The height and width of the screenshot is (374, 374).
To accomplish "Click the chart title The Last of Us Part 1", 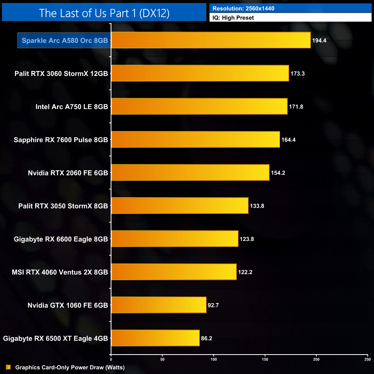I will coord(104,13).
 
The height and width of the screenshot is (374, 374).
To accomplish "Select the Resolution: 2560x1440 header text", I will coord(243,8).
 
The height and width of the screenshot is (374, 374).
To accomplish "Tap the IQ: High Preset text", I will coord(233,18).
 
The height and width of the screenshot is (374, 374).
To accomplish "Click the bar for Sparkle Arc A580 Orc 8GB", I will coord(211,40).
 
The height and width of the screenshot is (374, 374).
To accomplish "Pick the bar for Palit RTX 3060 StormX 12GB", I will coord(200,73).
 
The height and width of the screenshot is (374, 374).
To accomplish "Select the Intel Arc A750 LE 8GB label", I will coord(72,107).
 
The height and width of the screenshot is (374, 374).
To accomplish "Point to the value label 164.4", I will coord(288,140).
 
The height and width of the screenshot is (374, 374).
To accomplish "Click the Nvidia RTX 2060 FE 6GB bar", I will coord(190,172).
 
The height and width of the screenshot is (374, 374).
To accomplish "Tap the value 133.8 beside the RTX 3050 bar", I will coord(257,206).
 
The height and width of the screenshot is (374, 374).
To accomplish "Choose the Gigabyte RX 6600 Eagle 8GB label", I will coord(61,239).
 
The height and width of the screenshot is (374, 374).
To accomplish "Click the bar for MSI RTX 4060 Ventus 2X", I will coord(174,272).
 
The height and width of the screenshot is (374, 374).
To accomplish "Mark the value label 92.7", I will coord(213,305).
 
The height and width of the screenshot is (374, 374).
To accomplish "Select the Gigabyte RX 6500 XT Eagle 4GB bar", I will coord(155,338).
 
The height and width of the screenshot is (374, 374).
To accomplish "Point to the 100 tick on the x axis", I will coord(214,359).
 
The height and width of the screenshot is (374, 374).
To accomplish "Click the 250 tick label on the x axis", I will coord(367,359).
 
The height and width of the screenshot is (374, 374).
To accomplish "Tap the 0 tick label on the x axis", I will coord(111,359).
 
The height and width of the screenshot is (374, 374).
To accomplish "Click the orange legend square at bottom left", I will coord(8,367).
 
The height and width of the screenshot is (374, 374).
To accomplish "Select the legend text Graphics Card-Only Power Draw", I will coord(70,367).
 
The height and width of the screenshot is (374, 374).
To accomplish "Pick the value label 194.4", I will coord(319,41).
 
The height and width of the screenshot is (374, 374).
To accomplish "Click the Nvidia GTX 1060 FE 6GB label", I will coord(68,305).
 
